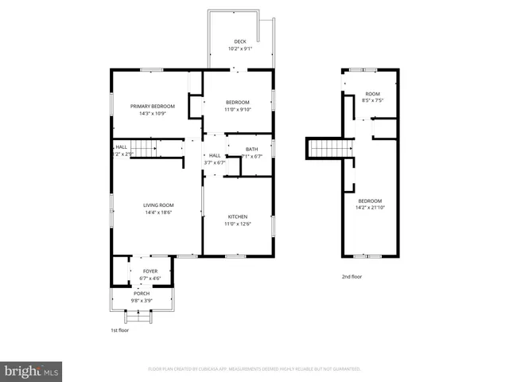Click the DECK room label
(239, 41)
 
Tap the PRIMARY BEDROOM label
(152, 106)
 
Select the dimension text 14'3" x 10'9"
(152, 113)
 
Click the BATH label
(251, 150)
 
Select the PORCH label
(142, 294)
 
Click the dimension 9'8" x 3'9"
(142, 301)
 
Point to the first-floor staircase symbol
(143, 148)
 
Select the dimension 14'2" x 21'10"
(370, 208)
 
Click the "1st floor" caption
(119, 329)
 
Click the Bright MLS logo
(32, 370)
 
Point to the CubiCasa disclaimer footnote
(254, 369)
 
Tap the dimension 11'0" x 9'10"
(237, 110)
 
